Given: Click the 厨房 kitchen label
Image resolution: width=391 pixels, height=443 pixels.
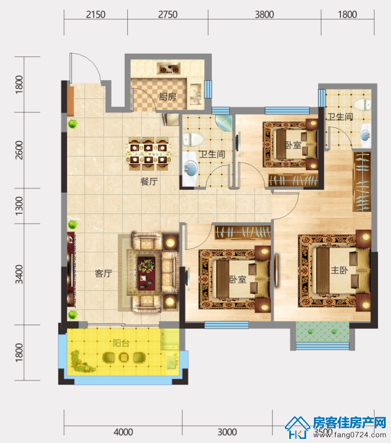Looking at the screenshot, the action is pyautogui.click(x=167, y=97).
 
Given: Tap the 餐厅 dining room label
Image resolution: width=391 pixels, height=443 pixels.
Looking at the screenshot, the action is pyautogui.click(x=149, y=181).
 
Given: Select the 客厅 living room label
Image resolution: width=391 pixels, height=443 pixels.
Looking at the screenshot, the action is pyautogui.click(x=103, y=273).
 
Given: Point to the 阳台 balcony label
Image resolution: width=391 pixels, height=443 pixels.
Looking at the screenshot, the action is pyautogui.click(x=121, y=343).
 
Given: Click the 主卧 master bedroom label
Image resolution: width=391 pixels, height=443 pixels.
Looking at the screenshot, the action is pyautogui.click(x=339, y=270).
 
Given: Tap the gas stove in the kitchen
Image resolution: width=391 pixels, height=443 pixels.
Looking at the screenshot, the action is pyautogui.click(x=169, y=69).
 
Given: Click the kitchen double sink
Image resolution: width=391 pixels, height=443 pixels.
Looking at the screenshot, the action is pyautogui.click(x=195, y=94).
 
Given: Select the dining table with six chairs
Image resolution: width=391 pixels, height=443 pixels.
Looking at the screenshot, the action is pyautogui.click(x=148, y=154).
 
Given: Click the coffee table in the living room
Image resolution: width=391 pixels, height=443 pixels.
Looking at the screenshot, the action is pyautogui.click(x=146, y=273).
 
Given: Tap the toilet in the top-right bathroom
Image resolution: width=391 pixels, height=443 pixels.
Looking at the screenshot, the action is pyautogui.click(x=363, y=104).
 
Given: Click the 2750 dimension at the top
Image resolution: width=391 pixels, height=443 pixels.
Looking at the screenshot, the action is pyautogui.click(x=168, y=14).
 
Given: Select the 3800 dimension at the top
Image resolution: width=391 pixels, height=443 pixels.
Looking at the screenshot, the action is pyautogui.click(x=264, y=14).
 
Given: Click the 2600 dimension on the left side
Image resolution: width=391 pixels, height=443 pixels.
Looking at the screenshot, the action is pyautogui.click(x=19, y=150).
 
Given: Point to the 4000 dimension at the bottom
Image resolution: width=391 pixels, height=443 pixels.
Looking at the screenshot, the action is pyautogui.click(x=124, y=432).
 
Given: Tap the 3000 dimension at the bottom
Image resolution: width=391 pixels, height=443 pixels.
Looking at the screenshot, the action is pyautogui.click(x=227, y=432).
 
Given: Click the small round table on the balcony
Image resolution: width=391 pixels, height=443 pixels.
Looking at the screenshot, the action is pyautogui.click(x=124, y=358).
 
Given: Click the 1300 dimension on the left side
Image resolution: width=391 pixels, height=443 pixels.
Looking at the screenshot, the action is pyautogui.click(x=19, y=206).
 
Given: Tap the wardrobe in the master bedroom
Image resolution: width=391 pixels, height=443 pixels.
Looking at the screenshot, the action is pyautogui.click(x=362, y=181).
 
